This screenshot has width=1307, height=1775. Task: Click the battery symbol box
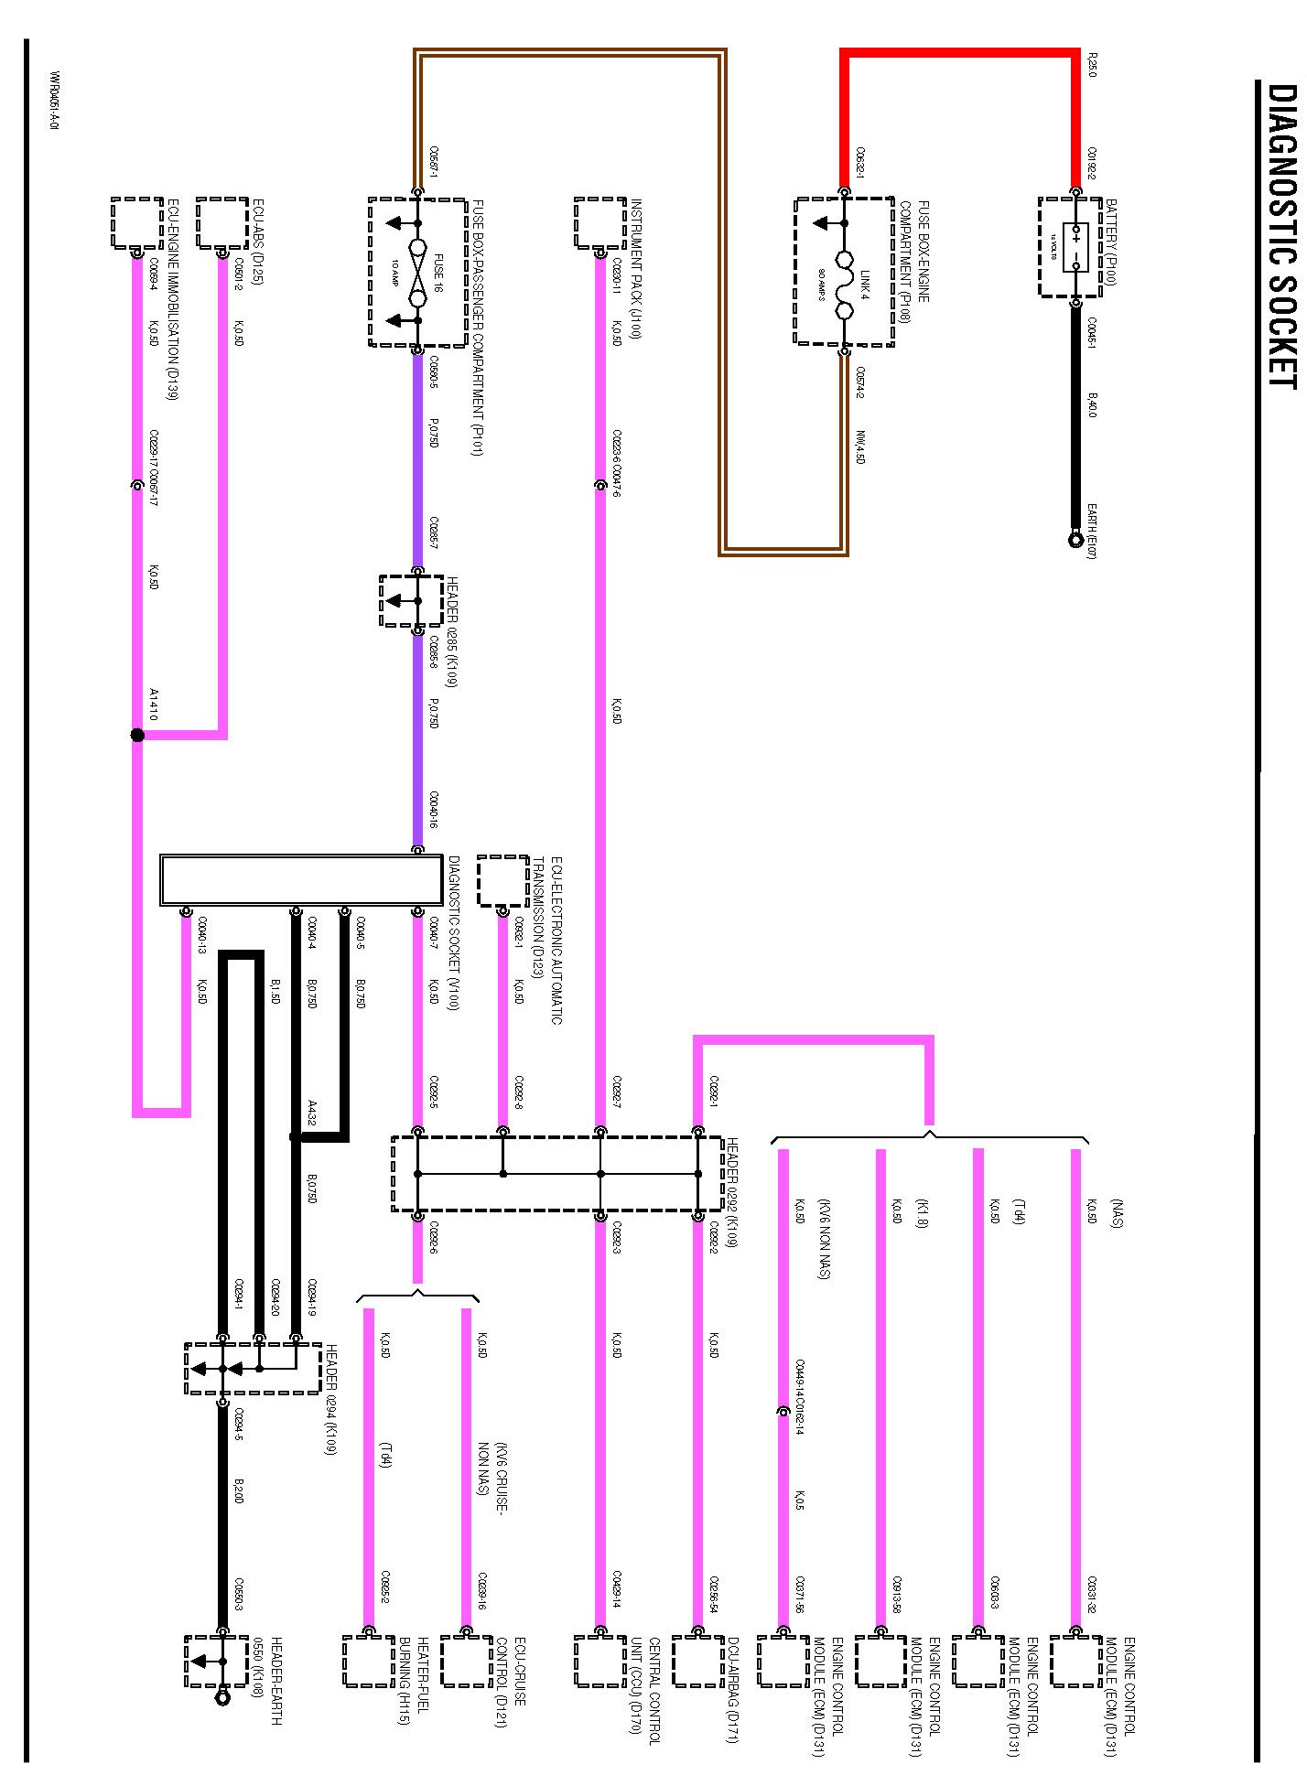pos(1070,247)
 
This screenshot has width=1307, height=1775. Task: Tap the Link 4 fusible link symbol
pos(844,272)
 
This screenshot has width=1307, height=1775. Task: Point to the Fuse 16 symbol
pos(417,273)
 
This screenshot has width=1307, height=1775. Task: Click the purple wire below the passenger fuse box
pos(417,457)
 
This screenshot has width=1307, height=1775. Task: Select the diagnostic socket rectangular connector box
pos(301,880)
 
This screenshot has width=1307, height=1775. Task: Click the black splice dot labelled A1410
pos(137,735)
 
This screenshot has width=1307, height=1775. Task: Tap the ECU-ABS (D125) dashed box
pos(222,222)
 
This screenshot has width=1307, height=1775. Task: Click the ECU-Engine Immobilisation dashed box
pos(137,222)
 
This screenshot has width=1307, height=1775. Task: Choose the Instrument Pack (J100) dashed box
pos(600,222)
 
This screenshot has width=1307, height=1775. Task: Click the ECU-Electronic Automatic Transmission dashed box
pos(502,880)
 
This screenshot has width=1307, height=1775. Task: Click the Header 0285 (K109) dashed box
pos(412,601)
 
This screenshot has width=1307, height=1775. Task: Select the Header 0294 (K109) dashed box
pos(252,1369)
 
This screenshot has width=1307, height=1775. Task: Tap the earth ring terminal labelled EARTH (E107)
pos(1076,540)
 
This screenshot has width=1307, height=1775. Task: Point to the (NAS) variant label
pos(1117,1212)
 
